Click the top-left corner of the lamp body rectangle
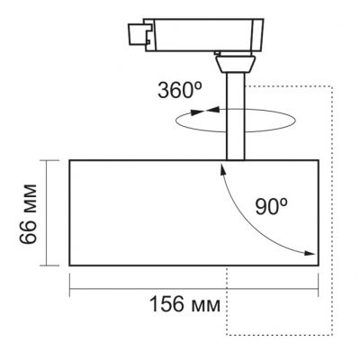pyautogui.click(x=69, y=158)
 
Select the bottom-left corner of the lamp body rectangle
pyautogui.click(x=69, y=265)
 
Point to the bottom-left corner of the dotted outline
pyautogui.click(x=225, y=334)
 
